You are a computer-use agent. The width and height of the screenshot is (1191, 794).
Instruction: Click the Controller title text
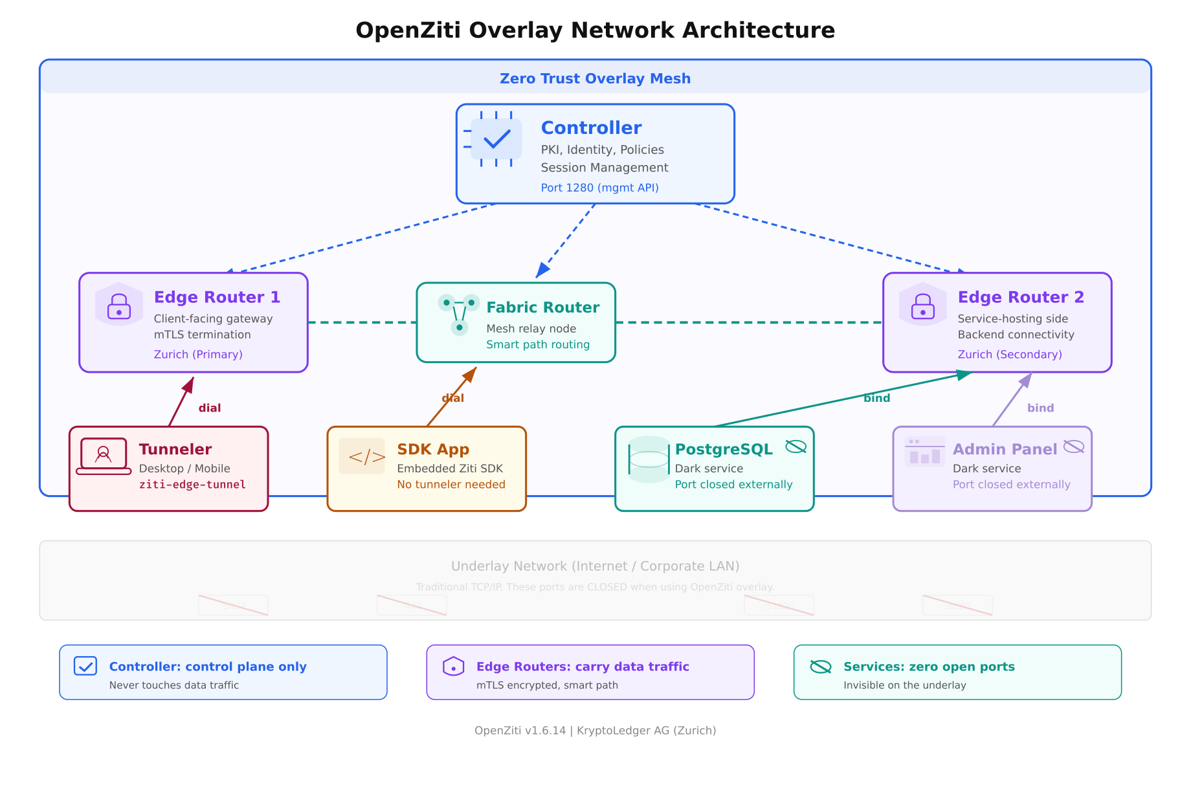[591, 127]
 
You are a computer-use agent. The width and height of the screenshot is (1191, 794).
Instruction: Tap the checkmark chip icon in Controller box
[496, 139]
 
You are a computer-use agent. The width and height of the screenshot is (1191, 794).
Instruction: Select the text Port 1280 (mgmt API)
[599, 188]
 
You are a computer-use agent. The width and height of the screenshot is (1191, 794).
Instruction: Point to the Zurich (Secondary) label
[1010, 354]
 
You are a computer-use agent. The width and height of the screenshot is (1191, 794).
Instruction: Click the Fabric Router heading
[542, 307]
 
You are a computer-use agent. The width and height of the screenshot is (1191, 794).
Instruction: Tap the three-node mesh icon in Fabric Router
[459, 314]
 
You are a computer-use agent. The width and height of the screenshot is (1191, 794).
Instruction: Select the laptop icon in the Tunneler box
[104, 456]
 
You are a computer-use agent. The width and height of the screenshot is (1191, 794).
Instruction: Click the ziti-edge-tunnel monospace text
[192, 485]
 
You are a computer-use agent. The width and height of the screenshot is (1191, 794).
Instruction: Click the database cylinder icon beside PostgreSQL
[649, 459]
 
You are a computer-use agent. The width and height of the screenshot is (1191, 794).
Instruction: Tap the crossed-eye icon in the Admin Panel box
[1073, 447]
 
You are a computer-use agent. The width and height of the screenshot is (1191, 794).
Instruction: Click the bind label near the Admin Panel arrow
[1040, 408]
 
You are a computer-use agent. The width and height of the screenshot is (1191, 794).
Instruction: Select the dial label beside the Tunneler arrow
[209, 408]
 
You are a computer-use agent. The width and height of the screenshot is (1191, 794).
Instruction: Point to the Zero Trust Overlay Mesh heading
[595, 78]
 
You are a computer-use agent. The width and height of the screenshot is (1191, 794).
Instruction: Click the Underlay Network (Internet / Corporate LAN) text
[595, 566]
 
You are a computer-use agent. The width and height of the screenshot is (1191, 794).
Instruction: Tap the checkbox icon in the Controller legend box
[85, 666]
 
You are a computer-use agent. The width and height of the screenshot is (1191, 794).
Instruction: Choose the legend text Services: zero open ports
[929, 667]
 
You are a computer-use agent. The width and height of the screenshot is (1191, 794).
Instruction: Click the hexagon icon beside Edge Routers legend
[453, 666]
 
